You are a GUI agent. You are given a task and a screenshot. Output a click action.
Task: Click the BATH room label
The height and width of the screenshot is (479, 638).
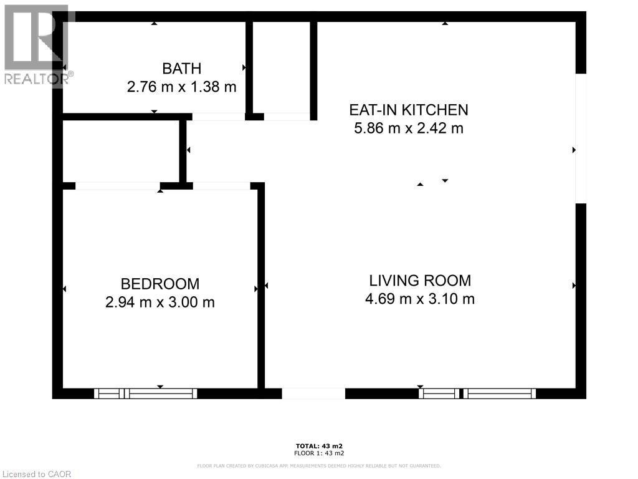[x=181, y=69]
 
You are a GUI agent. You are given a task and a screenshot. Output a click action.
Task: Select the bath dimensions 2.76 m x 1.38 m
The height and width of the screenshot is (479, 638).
[x=181, y=87]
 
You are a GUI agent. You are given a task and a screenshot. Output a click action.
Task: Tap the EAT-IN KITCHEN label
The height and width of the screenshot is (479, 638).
[x=408, y=110]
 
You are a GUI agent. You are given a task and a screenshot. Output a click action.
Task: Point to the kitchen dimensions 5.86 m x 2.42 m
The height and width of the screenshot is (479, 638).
[x=408, y=129]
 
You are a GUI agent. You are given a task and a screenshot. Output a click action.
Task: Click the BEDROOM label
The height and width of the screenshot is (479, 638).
[x=160, y=284]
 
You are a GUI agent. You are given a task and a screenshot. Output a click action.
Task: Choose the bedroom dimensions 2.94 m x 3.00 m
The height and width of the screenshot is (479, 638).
[x=160, y=302]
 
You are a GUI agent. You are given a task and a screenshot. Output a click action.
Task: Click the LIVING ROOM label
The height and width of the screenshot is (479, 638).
[x=420, y=281]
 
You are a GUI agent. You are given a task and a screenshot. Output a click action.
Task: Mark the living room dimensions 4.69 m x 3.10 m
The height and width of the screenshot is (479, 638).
[x=420, y=299]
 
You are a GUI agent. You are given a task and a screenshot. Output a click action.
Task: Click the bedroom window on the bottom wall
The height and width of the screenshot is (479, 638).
[x=145, y=394]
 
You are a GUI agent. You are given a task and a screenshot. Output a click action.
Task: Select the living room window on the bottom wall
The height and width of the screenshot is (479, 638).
[x=477, y=394]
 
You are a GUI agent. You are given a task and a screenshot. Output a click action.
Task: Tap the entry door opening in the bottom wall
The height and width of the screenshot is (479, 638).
[x=313, y=394]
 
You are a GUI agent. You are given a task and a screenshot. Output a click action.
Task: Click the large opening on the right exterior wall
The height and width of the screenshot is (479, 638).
[x=581, y=138]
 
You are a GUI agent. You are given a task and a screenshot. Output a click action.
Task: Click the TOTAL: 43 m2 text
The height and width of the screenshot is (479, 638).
[x=319, y=446]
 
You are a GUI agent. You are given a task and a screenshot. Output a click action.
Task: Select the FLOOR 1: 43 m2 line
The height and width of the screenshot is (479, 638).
[x=319, y=453]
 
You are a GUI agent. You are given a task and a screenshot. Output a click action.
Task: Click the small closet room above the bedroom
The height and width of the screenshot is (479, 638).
[x=121, y=151]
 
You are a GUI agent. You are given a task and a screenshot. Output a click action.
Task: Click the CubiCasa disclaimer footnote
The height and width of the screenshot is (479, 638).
[x=319, y=466]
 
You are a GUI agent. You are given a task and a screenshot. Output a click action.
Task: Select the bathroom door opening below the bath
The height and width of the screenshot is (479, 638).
[x=218, y=117]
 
